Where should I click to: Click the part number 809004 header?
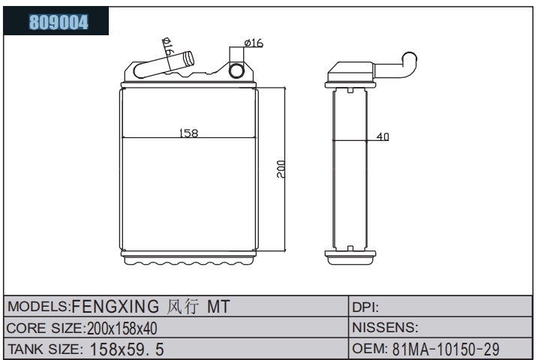(59, 22)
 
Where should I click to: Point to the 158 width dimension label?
(189, 133)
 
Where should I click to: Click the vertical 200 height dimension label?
(281, 169)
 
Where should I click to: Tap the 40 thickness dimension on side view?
(383, 136)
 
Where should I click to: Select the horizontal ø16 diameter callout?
(254, 43)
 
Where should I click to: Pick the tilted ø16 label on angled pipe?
(168, 47)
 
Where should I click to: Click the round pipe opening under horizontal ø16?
(236, 70)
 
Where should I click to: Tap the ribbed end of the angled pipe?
(189, 59)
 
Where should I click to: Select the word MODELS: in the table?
(39, 307)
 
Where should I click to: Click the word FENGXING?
(116, 306)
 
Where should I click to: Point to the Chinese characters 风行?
(183, 307)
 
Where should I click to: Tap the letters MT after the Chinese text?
(218, 307)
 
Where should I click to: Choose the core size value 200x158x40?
(122, 328)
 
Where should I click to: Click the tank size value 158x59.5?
(127, 349)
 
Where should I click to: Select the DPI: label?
(365, 307)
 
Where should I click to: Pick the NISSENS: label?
(385, 327)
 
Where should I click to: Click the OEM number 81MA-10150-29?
(446, 349)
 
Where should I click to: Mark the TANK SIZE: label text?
(45, 349)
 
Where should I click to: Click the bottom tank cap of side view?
(350, 257)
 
